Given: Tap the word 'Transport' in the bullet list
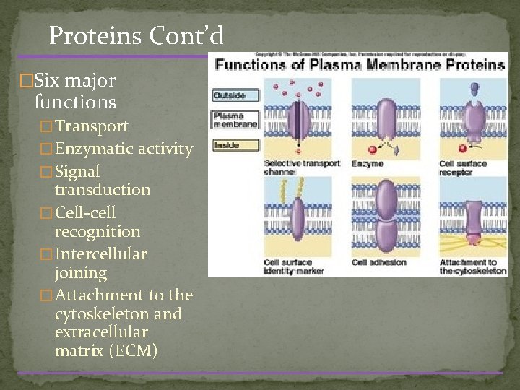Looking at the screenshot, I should pos(92,126).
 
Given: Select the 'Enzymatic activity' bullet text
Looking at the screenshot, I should pos(123,149).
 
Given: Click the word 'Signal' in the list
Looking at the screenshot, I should pos(77,172).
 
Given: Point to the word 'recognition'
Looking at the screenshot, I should pos(97,232).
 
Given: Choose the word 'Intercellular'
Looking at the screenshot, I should pos(101,254).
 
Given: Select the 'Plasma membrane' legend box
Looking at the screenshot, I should pos(235,120).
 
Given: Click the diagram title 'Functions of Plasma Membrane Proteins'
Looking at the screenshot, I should pos(359,65).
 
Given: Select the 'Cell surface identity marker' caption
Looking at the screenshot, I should pos(294,266).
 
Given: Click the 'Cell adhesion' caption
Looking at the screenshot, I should pos(378,262).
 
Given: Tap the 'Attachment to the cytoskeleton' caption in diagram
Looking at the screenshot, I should pos(467,266).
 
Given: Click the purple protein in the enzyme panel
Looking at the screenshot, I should pos(386,118).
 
